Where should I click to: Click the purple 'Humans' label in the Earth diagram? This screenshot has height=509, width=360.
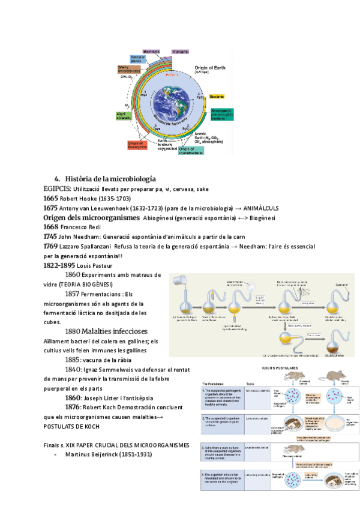pos(180,52)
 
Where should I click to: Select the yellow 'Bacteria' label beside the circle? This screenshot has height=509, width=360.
pos(217,96)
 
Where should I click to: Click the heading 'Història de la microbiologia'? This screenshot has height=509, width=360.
pos(110,179)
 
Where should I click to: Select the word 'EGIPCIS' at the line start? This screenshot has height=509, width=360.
pos(57,188)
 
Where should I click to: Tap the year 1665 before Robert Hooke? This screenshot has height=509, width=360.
pos(50,198)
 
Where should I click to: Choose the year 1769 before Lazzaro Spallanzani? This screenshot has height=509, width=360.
pos(50,247)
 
